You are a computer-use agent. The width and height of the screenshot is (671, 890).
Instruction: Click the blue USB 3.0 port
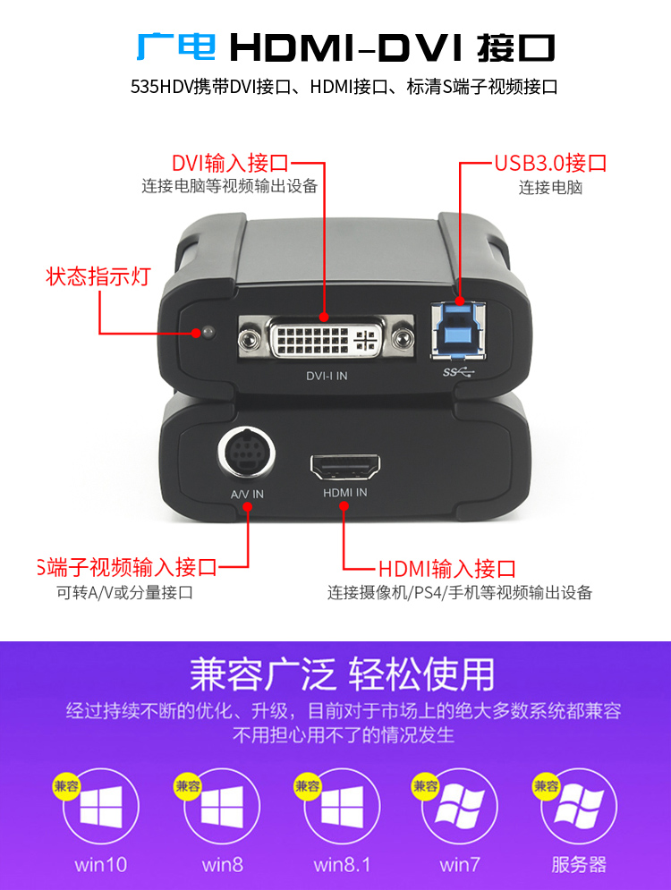tap(459, 330)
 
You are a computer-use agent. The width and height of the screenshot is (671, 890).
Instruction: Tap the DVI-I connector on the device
tap(326, 338)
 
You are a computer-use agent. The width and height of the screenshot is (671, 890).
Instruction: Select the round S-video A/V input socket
tap(246, 453)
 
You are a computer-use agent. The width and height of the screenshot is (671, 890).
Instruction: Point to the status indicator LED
tap(208, 331)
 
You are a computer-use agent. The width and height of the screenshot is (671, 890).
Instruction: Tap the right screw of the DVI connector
tap(402, 339)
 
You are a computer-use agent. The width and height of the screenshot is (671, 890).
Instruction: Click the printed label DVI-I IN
tap(327, 376)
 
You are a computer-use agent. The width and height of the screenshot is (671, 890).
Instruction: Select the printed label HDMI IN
tap(345, 493)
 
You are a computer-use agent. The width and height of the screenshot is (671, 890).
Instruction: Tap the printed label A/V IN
tap(247, 495)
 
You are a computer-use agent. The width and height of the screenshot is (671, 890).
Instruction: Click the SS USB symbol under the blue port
tap(458, 372)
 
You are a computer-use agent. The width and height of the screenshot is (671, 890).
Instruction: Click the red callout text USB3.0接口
tap(550, 163)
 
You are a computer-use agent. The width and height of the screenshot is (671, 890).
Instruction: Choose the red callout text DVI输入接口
tap(231, 163)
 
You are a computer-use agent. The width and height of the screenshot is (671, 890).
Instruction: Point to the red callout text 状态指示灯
tap(98, 276)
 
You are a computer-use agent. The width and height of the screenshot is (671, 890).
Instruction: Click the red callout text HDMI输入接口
tap(447, 568)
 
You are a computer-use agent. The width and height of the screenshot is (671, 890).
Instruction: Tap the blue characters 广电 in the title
tap(176, 47)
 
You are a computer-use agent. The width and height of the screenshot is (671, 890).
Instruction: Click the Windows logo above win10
tap(101, 807)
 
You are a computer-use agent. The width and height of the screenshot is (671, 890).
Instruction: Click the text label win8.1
tap(343, 864)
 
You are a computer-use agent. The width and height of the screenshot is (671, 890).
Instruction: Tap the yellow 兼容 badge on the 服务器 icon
tap(546, 786)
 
